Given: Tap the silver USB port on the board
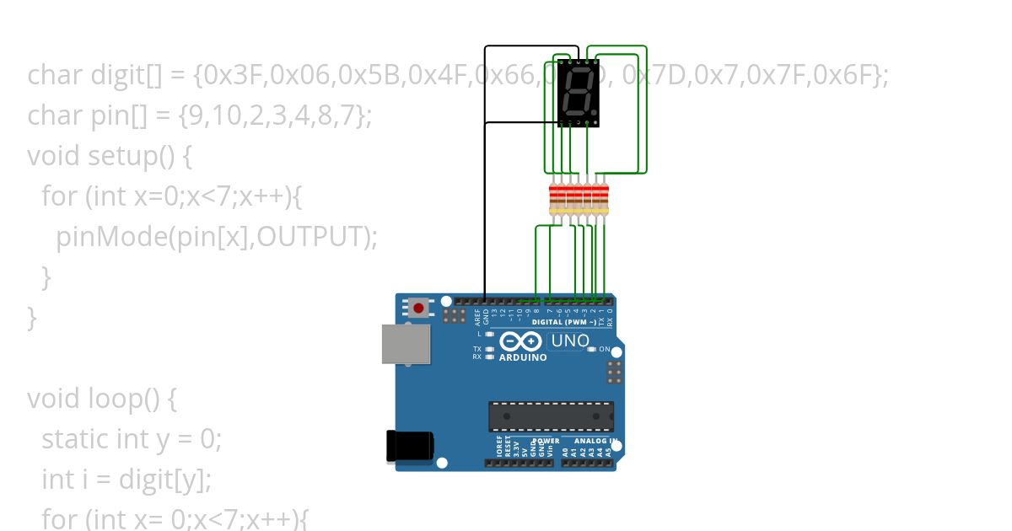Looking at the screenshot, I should coord(406,344).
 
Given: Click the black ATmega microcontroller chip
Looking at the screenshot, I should coord(551,416).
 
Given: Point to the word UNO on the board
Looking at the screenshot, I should coord(570,341).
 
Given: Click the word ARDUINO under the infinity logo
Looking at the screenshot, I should coord(523,357).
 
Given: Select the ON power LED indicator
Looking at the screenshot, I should coord(592,349).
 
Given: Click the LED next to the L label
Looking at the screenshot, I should coord(489,334).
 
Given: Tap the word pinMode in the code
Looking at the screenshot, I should coord(110,237).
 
